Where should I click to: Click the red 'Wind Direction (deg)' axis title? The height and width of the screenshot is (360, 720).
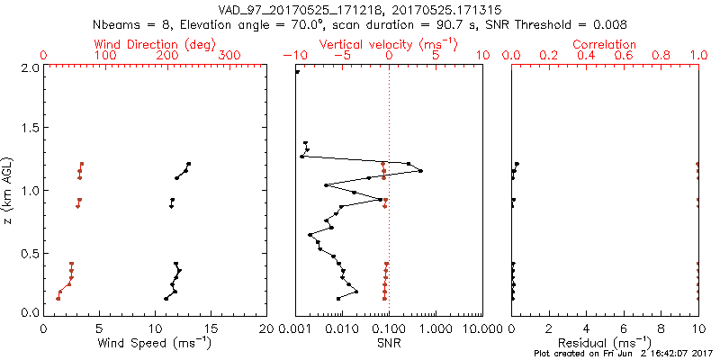[155, 44]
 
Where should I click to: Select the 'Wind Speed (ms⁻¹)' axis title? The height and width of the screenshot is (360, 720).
[156, 342]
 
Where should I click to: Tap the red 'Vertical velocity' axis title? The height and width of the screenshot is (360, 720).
[388, 44]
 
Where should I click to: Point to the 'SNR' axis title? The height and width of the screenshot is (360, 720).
[388, 342]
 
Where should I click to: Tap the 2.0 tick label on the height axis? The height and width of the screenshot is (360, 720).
[29, 67]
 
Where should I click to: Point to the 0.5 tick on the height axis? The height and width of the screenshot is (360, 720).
[29, 252]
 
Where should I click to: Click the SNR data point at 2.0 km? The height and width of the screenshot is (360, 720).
[298, 72]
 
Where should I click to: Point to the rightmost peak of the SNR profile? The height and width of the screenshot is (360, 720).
[420, 171]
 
